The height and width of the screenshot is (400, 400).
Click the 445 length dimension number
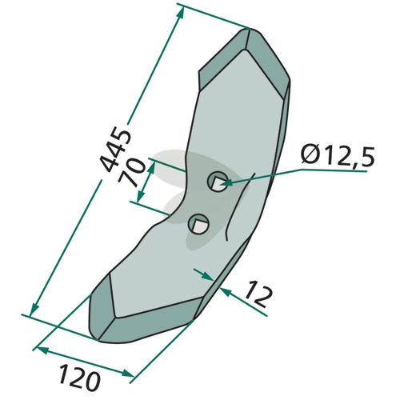tap(115, 151)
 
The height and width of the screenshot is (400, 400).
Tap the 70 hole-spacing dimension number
tap(133, 173)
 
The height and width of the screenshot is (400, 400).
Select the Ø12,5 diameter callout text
tap(338, 157)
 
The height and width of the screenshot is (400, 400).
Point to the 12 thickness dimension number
tap(258, 298)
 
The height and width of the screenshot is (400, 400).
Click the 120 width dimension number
tap(79, 378)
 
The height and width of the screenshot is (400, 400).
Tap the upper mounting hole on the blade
tap(218, 182)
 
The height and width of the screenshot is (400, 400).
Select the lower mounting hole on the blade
tap(198, 224)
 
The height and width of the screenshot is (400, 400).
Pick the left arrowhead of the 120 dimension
tap(42, 350)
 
